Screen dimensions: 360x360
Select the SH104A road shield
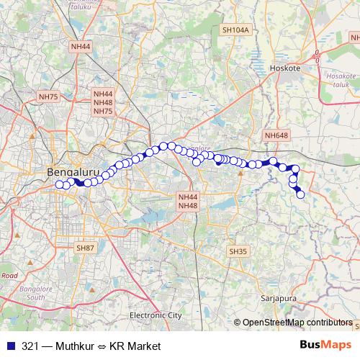[x=235, y=30]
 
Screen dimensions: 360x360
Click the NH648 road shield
[x=276, y=135]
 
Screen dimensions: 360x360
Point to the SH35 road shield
[x=237, y=251]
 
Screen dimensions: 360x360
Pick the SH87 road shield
[x=85, y=248]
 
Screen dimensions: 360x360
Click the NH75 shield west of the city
[x=48, y=96]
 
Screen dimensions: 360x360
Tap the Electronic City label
[x=156, y=315]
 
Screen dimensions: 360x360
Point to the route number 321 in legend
[x=31, y=346]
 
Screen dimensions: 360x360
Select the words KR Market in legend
[x=135, y=346]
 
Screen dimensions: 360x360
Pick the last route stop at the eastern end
[x=300, y=194]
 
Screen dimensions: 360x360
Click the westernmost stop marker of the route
[x=60, y=184]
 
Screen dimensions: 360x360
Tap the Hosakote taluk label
[x=341, y=79]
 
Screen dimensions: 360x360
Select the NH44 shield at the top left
[x=81, y=46]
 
